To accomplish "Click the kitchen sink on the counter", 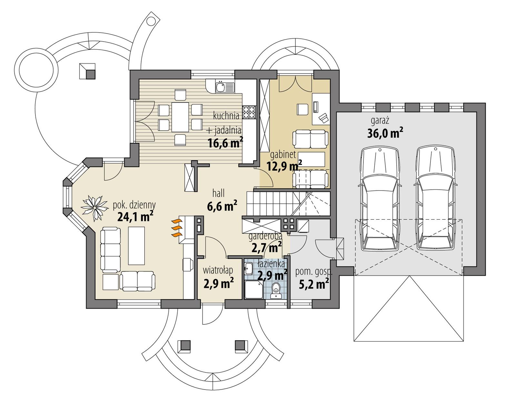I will [221, 87].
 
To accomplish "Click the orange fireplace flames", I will [176, 228].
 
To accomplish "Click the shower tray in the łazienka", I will [253, 290].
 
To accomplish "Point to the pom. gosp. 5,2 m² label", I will [312, 278].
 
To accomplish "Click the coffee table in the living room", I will [136, 246].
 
